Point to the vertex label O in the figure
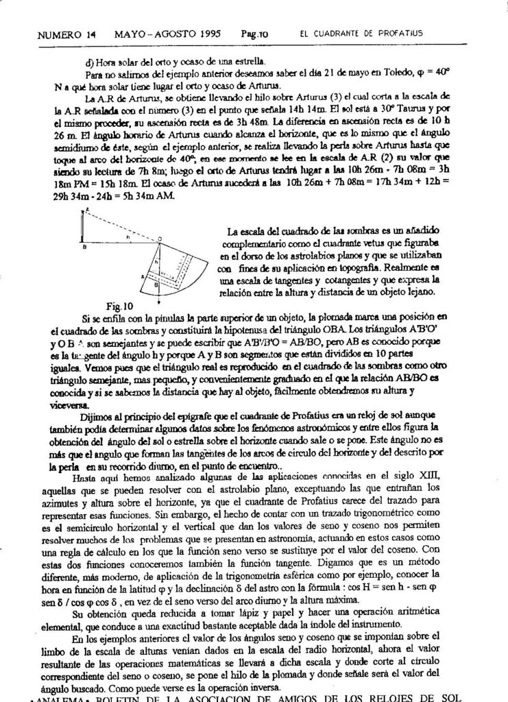pos(160,238)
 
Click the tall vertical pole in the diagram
pos(83,226)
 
